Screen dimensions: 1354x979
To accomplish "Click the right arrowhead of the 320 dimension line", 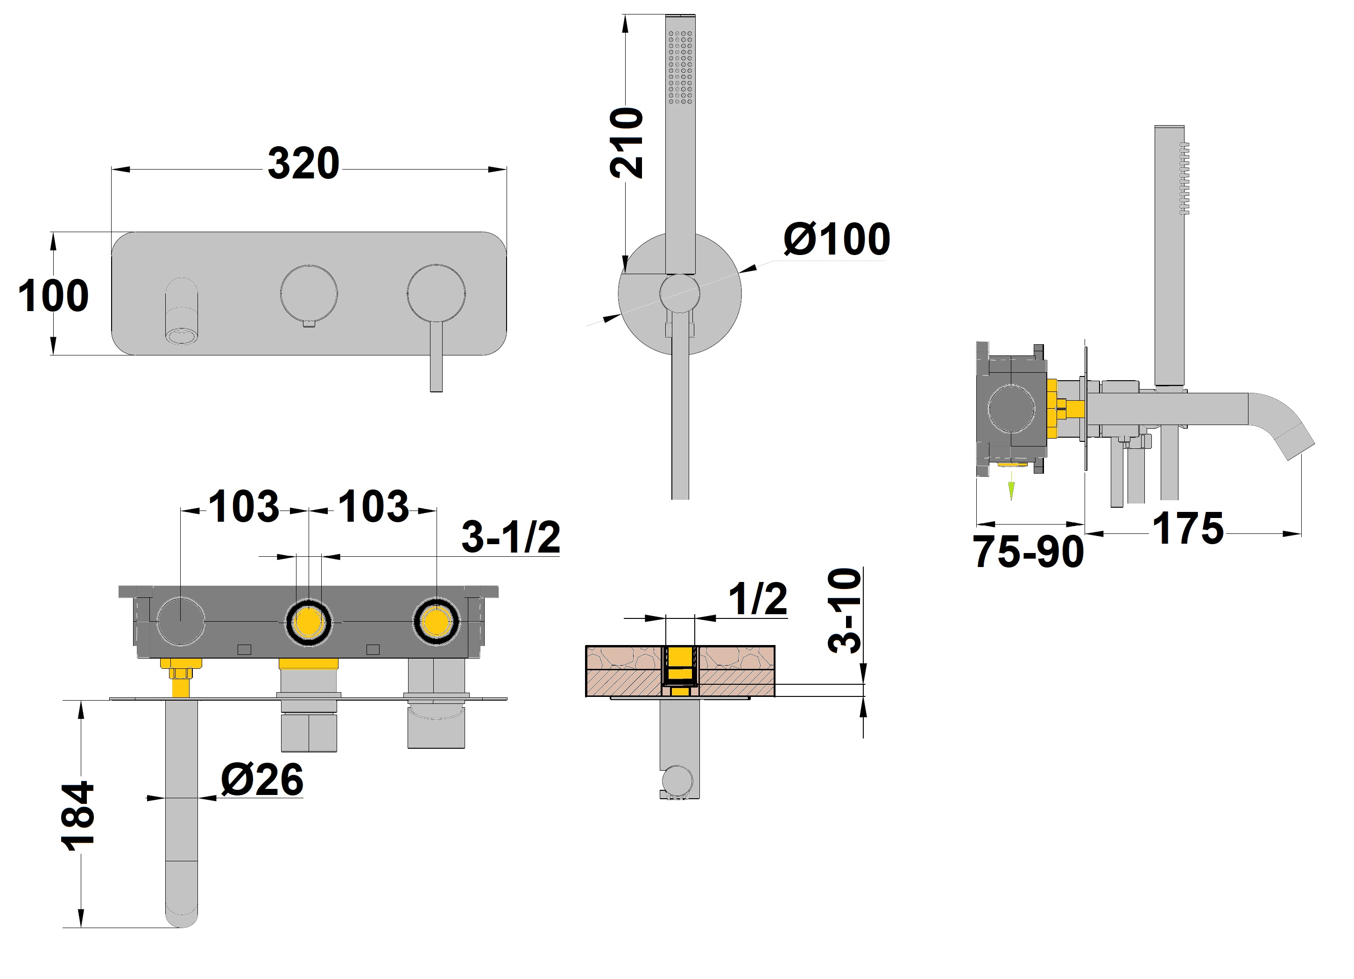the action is click(497, 170).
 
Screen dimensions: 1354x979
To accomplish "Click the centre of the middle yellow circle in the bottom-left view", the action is click(309, 622).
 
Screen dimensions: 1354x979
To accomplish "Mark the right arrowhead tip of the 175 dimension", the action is click(1301, 534).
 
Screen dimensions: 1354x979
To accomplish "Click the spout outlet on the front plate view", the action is click(182, 336).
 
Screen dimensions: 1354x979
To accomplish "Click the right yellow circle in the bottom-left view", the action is click(437, 622).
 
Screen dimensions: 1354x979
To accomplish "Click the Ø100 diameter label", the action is click(836, 240).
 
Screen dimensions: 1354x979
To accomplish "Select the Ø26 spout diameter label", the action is click(262, 780).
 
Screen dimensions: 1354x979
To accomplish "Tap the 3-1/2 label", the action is click(511, 536).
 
